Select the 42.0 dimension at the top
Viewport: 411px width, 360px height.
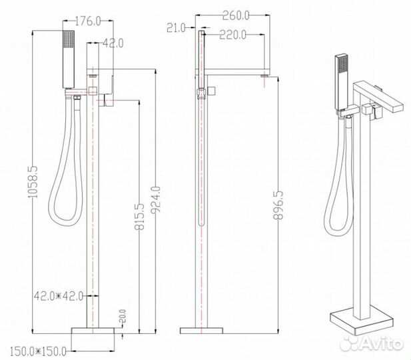[114, 43]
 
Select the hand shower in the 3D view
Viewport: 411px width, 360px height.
[340, 79]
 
